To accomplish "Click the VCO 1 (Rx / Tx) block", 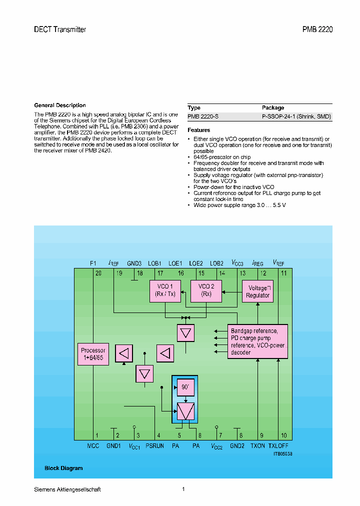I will click(164, 290).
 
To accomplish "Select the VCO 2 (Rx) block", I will click(205, 290).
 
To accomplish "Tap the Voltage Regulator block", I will click(257, 291).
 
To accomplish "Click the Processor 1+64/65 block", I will click(93, 354).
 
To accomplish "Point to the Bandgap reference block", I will click(257, 341).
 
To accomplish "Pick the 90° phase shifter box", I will click(185, 387).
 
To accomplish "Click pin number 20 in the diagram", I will click(98, 273).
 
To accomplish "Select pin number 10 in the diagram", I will click(283, 435).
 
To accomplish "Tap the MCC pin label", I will click(93, 445).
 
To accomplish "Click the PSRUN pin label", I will click(154, 445).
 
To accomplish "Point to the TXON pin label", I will click(257, 445).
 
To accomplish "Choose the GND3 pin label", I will click(134, 263).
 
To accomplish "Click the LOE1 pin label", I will click(175, 263).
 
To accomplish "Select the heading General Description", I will click(60, 105).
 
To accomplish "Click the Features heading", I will click(198, 130).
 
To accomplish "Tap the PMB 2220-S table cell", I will click(203, 116).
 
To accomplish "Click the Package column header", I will click(273, 107).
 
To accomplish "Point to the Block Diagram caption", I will click(63, 468).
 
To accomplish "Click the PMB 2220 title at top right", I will click(317, 29).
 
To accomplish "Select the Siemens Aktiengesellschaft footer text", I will click(67, 489).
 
